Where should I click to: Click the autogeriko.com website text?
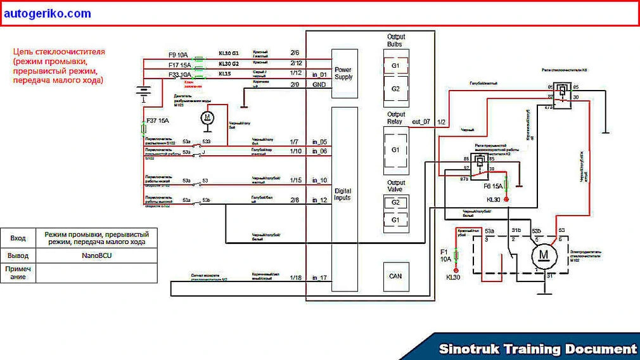(x=47, y=13)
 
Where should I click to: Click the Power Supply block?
(x=344, y=73)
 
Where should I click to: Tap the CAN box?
(x=396, y=276)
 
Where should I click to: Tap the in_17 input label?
(x=319, y=278)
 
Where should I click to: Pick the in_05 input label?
(x=319, y=142)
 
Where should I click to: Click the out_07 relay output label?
(x=421, y=121)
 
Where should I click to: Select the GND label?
(x=319, y=84)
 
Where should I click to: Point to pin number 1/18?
(x=295, y=278)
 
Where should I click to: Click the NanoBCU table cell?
(x=95, y=255)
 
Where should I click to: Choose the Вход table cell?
(x=18, y=238)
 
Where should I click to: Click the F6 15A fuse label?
(x=493, y=186)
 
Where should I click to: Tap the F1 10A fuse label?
(x=445, y=255)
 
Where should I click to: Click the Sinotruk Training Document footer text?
(x=538, y=349)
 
